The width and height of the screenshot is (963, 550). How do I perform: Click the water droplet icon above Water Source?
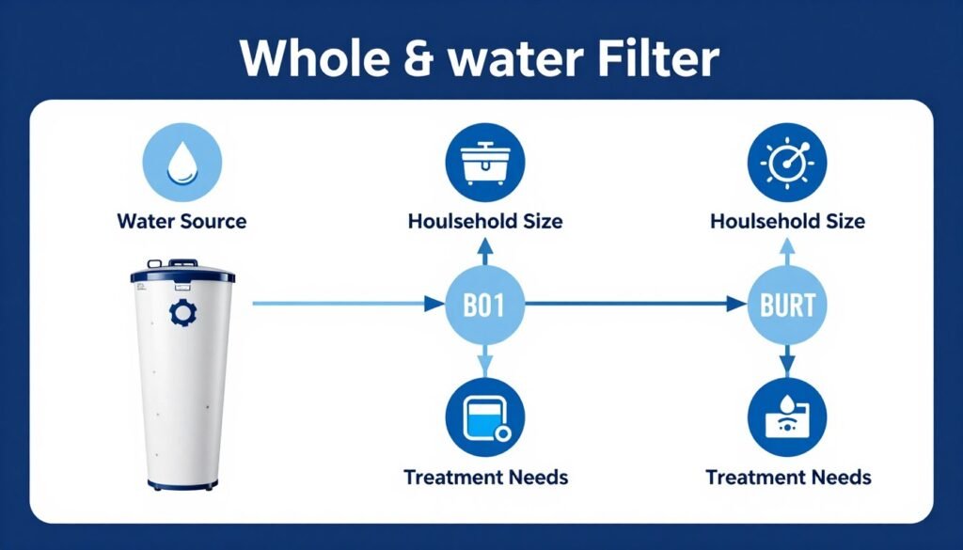click(182, 165)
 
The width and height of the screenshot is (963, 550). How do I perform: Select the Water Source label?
click(182, 222)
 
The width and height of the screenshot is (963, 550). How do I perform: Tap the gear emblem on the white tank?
click(178, 313)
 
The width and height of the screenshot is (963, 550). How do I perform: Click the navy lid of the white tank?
click(182, 275)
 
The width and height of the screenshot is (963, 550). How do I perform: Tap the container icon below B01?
click(484, 418)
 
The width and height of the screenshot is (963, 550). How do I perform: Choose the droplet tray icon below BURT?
click(786, 418)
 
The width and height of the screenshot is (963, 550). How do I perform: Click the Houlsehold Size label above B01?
click(485, 222)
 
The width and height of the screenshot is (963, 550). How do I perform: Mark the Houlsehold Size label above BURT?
click(788, 222)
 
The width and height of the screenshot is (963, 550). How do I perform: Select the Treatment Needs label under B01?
click(485, 477)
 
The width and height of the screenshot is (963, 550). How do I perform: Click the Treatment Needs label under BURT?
click(788, 477)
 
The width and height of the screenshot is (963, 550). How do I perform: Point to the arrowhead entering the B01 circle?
click(434, 304)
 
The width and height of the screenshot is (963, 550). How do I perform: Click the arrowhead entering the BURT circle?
click(736, 304)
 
